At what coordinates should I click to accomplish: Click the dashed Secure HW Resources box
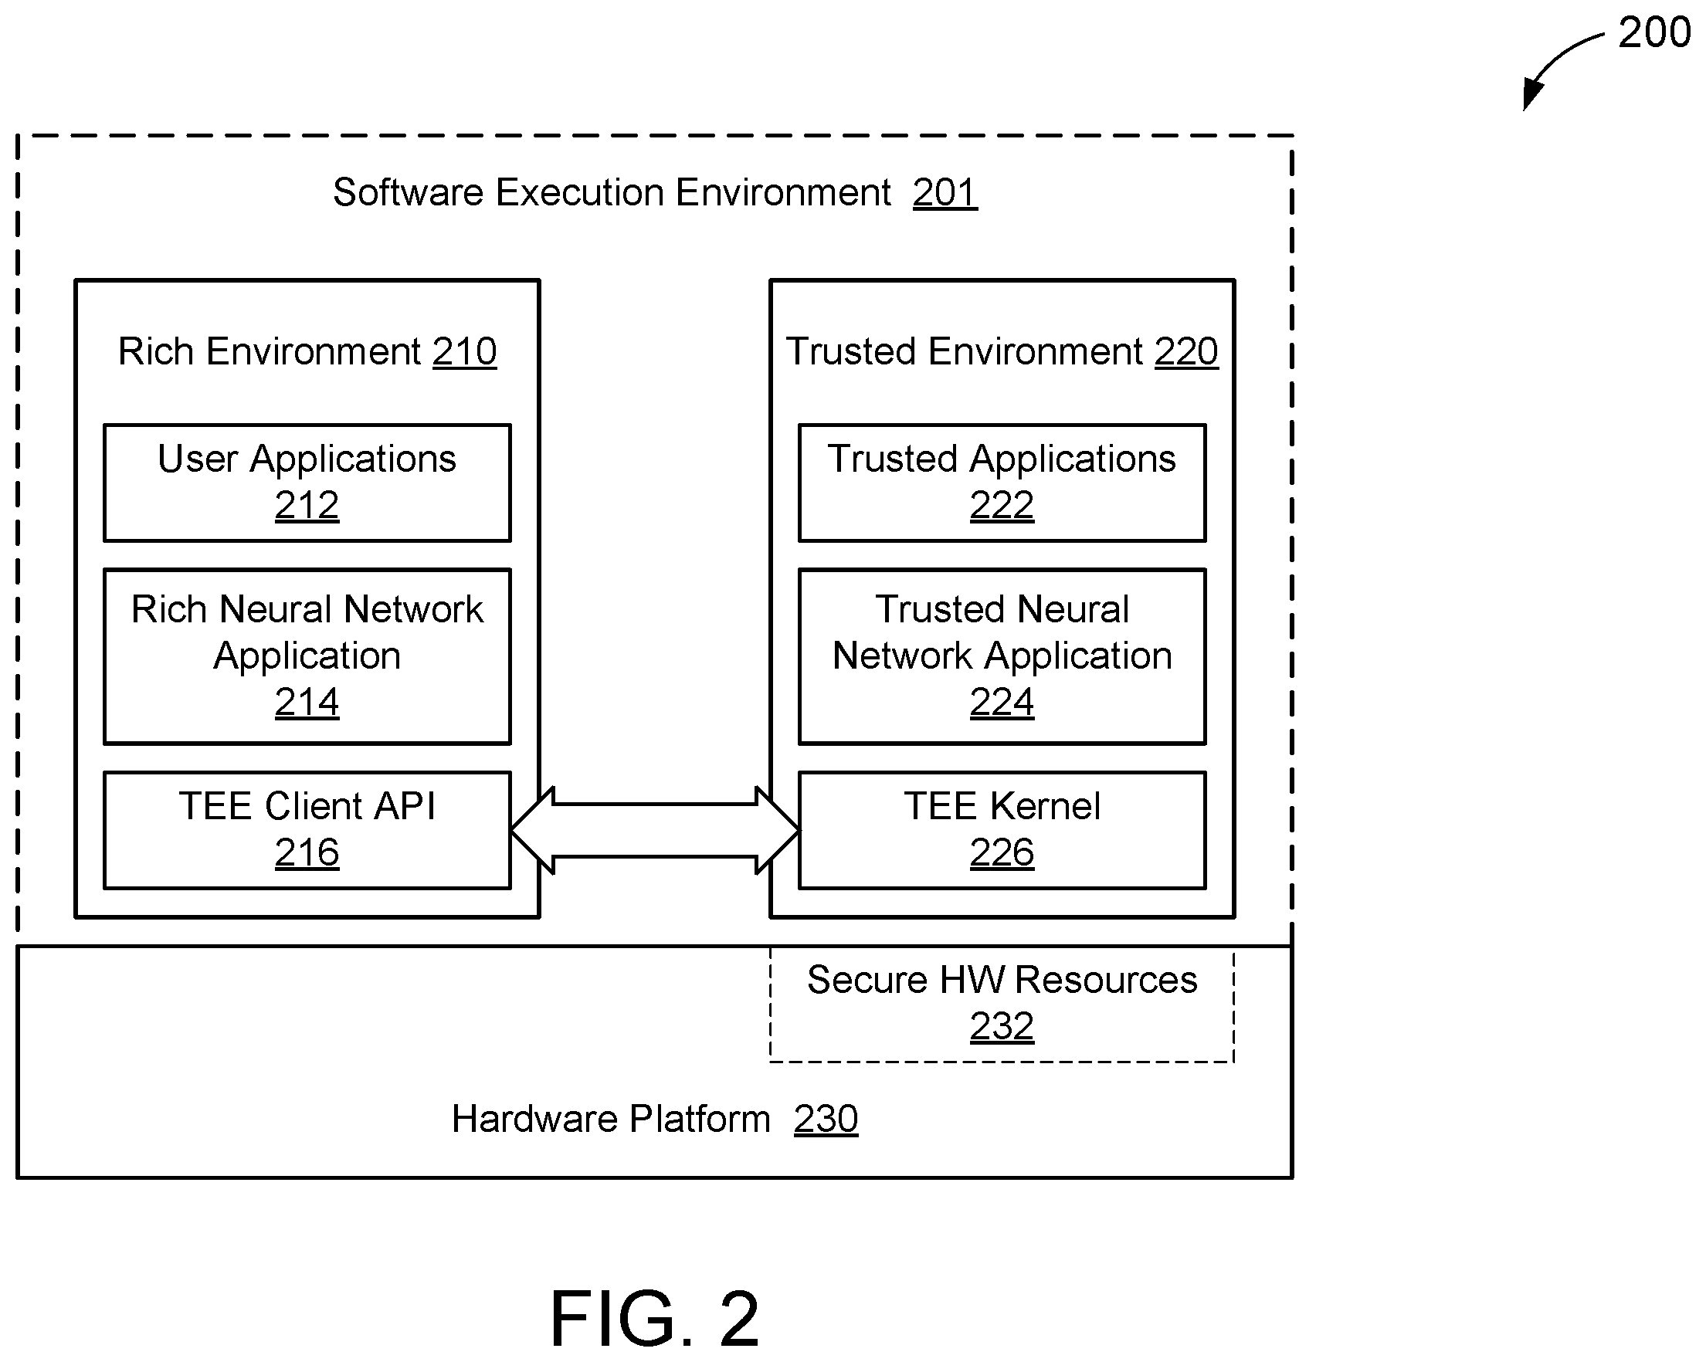1002,1062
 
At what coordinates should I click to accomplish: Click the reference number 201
945,192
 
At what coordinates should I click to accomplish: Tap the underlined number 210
464,351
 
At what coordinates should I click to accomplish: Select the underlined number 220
1186,351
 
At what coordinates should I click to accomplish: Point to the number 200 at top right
1653,32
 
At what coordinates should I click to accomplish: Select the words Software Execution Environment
612,192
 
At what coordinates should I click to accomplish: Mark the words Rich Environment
270,351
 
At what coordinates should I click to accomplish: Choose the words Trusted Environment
965,351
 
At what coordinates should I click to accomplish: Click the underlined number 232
1002,1026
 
